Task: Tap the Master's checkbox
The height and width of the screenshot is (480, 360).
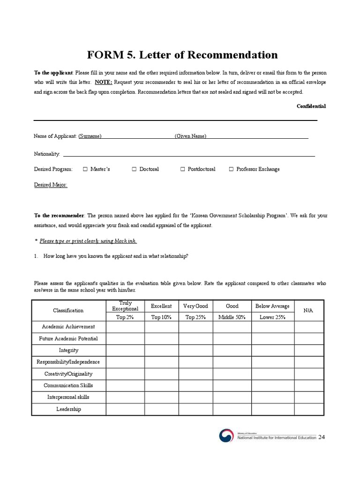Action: (x=85, y=169)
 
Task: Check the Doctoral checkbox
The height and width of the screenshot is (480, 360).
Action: (x=134, y=169)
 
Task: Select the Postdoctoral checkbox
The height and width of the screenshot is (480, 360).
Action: (x=183, y=169)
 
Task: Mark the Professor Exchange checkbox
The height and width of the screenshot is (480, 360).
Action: (x=231, y=169)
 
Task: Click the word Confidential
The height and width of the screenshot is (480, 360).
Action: (x=311, y=106)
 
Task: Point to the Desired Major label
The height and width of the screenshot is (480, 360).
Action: (x=51, y=185)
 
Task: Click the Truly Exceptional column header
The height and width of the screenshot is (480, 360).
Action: (x=125, y=306)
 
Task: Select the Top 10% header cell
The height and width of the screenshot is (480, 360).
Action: (x=161, y=317)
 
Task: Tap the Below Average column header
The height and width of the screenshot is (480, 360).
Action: (x=272, y=306)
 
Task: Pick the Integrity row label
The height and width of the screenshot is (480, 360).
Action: (x=68, y=350)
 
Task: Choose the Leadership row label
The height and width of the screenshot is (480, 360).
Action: (x=68, y=409)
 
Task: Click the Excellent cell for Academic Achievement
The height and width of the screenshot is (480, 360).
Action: (x=161, y=327)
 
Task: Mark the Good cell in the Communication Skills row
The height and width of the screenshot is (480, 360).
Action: (x=232, y=386)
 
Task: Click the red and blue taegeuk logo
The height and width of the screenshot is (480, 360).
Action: (x=226, y=436)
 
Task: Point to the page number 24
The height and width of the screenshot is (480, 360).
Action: (x=321, y=437)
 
